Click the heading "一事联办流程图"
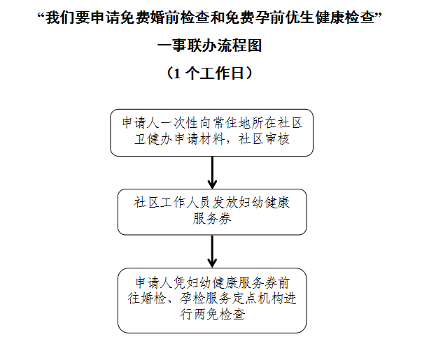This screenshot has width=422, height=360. point(211,46)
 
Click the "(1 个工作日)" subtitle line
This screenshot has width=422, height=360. point(211,72)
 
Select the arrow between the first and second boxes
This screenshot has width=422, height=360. point(212,171)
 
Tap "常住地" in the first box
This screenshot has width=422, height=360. point(228,122)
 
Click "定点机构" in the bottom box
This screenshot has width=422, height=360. point(255,298)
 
